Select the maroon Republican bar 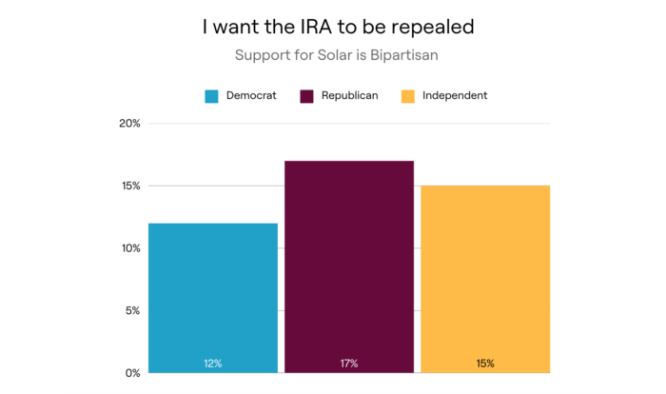pos(349,266)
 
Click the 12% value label pos(213,363)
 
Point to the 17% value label pos(349,363)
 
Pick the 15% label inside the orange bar pos(485,363)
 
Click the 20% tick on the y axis pos(129,124)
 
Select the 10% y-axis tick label pos(129,248)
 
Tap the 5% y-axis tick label pos(132,310)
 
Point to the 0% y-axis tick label pos(132,372)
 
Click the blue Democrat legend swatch pos(212,96)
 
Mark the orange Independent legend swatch pos(408,96)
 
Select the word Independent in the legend pos(455,96)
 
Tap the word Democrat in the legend pos(252,96)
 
